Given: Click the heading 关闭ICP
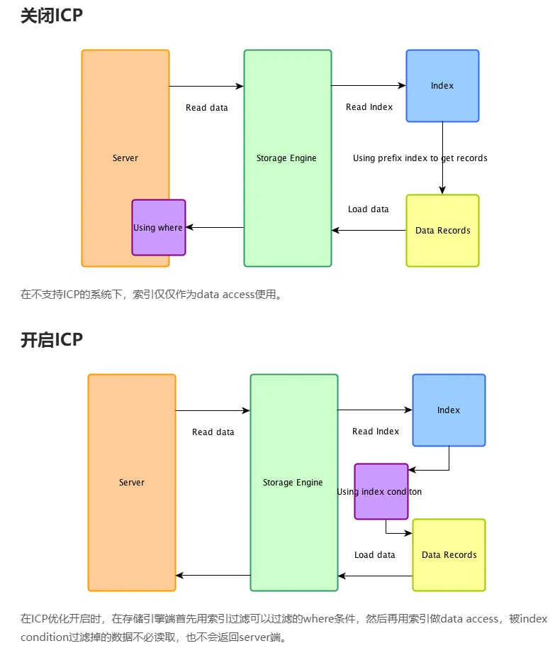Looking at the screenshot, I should pos(52,16).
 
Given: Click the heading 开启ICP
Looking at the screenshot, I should pos(52,340).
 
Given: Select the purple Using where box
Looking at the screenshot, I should pos(158,228).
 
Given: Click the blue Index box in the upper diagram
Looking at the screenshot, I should pos(442,86).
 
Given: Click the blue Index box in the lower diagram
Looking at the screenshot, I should pos(449,410).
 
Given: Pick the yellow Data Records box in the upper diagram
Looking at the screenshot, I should pos(442,231).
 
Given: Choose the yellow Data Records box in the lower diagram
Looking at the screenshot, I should pos(449,555).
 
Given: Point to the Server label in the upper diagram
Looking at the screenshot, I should pos(125,158).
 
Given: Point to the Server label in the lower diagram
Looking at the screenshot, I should pos(132,483).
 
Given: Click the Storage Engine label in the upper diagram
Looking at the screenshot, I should pos(286,158).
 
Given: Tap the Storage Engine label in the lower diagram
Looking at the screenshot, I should pos(293,483).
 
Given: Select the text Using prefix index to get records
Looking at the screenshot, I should pos(420,158).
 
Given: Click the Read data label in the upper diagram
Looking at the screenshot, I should pos(207,108).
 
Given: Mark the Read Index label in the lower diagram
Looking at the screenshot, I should pos(376,432).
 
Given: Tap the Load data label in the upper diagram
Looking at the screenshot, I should pos(369,209).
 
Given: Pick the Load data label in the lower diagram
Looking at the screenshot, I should pos(375,555).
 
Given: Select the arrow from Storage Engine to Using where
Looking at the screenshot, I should pos(215,228).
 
